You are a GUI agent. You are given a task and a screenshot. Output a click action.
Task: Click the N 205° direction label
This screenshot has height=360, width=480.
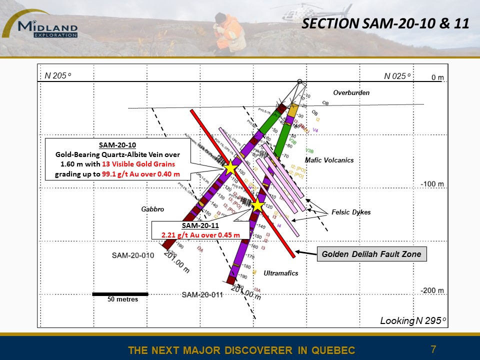[58, 75]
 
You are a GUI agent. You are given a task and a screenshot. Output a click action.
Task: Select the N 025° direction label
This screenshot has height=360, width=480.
[397, 76]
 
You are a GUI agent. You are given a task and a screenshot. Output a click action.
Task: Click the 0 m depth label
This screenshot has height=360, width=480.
[437, 77]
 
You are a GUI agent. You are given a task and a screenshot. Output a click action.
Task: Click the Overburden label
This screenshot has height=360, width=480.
[351, 92]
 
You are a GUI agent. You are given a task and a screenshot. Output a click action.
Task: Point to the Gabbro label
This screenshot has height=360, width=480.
[153, 209]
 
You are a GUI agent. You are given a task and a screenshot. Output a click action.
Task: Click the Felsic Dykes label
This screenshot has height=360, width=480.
[351, 212]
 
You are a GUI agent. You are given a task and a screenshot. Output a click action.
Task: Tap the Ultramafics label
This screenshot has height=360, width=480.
[281, 273]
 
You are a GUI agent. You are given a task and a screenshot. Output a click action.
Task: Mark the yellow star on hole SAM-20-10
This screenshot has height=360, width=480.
[230, 168]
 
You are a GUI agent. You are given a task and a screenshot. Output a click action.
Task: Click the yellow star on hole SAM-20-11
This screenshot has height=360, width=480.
[257, 205]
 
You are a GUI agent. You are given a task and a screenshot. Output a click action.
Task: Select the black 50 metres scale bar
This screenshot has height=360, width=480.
[120, 294]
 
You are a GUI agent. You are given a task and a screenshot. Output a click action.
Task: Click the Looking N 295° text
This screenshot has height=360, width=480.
[413, 320]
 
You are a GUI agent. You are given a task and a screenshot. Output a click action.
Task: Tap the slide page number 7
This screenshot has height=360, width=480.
[433, 348]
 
